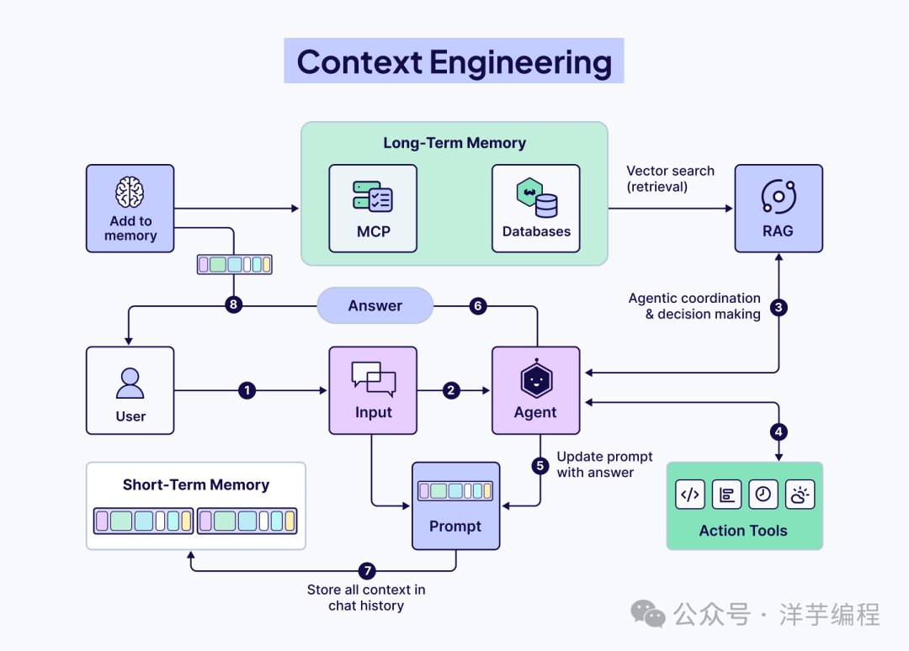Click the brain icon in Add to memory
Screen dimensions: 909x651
130,192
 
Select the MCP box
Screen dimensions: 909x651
373,209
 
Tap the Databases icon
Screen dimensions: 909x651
537,198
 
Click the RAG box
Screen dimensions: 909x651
779,209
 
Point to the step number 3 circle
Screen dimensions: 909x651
779,307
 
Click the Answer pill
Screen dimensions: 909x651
375,305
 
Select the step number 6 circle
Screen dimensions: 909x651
478,306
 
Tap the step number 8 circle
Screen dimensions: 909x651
233,304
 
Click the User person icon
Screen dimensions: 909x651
130,384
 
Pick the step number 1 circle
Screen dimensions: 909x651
247,390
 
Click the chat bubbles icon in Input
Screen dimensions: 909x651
374,378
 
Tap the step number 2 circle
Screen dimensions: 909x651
451,390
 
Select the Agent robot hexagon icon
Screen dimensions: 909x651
536,378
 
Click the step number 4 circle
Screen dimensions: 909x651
779,431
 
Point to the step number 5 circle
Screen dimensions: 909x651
540,466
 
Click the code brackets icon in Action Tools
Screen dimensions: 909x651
690,495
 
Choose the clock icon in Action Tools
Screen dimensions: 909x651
763,495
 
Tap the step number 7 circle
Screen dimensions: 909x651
367,571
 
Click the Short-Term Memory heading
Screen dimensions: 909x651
196,484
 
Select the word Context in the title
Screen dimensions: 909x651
359,62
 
